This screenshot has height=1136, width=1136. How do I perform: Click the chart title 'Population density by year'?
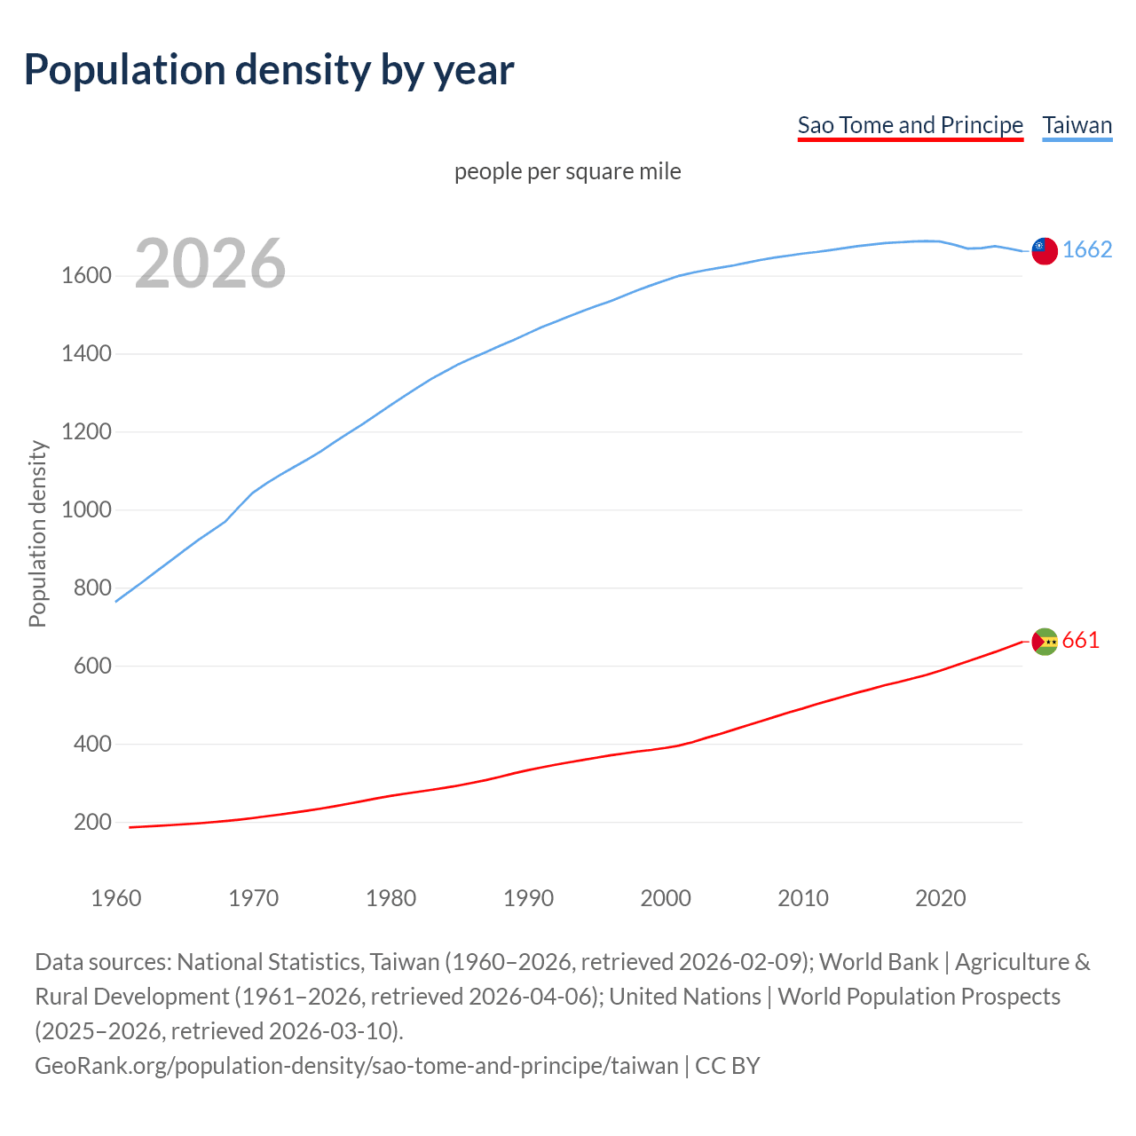pyautogui.click(x=269, y=70)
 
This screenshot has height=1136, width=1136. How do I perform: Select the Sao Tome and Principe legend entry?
pyautogui.click(x=910, y=125)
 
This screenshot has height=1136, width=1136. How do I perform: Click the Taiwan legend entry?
pyautogui.click(x=1077, y=125)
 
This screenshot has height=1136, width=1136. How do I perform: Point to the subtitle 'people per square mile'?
pyautogui.click(x=567, y=171)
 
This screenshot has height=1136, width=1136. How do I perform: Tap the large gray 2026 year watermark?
pyautogui.click(x=210, y=263)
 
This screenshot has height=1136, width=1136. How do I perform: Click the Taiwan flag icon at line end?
pyautogui.click(x=1045, y=251)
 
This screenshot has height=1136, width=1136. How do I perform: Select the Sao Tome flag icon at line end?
pyautogui.click(x=1045, y=641)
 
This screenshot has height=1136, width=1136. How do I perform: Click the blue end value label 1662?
pyautogui.click(x=1087, y=250)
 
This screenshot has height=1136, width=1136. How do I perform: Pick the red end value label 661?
pyautogui.click(x=1080, y=641)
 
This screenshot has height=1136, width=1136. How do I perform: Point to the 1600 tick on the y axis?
pyautogui.click(x=86, y=276)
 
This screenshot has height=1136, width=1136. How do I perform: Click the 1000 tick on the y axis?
pyautogui.click(x=86, y=510)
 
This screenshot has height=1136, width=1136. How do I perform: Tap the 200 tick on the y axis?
pyautogui.click(x=92, y=823)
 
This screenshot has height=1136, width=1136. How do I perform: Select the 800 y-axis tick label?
pyautogui.click(x=92, y=588)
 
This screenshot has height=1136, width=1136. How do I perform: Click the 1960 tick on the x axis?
pyautogui.click(x=116, y=898)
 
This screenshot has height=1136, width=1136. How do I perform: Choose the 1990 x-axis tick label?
pyautogui.click(x=528, y=898)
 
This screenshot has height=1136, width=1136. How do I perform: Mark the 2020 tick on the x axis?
pyautogui.click(x=940, y=898)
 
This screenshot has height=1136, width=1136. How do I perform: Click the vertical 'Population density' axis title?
pyautogui.click(x=37, y=533)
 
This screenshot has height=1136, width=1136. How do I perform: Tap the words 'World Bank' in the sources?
pyautogui.click(x=878, y=962)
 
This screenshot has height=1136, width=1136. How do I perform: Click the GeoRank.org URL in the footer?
pyautogui.click(x=356, y=1066)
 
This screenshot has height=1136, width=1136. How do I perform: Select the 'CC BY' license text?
pyautogui.click(x=728, y=1066)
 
